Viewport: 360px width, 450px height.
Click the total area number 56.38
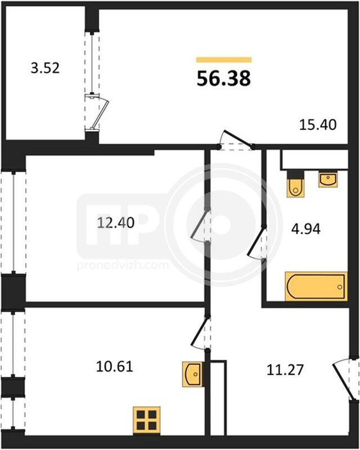pos(224,78)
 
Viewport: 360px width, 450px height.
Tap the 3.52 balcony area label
pos(45,68)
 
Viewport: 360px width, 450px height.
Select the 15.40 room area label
pos(318,125)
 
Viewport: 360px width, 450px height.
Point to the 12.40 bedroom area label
pos(116,223)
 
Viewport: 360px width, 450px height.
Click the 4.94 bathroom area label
pos(306,229)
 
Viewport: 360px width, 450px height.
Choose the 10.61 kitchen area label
pos(115,367)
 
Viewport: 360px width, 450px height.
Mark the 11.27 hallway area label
pos(285,370)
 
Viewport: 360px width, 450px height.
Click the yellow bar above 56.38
pos(224,60)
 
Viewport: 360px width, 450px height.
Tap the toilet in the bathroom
pos(296,184)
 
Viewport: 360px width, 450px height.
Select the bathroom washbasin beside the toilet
pos(328,179)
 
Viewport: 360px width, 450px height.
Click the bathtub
pos(316,286)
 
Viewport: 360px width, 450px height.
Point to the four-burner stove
pos(146,420)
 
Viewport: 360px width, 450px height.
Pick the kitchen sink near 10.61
pos(192,374)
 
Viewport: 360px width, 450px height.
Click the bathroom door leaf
pos(255,241)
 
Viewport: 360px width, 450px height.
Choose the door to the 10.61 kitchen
pos(199,330)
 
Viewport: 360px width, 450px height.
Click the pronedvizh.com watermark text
pos(123,265)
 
